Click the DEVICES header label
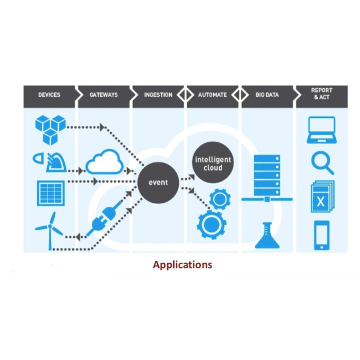tap(49, 95)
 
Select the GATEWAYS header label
tap(104, 95)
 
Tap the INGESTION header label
tap(158, 95)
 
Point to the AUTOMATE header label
tap(212, 95)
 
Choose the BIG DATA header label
tap(267, 95)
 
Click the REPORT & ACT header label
tap(321, 94)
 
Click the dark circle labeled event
tap(158, 183)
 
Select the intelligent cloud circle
tap(213, 164)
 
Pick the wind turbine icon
tap(49, 229)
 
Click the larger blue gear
tap(211, 225)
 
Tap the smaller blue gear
tap(220, 199)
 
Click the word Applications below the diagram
tap(182, 265)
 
